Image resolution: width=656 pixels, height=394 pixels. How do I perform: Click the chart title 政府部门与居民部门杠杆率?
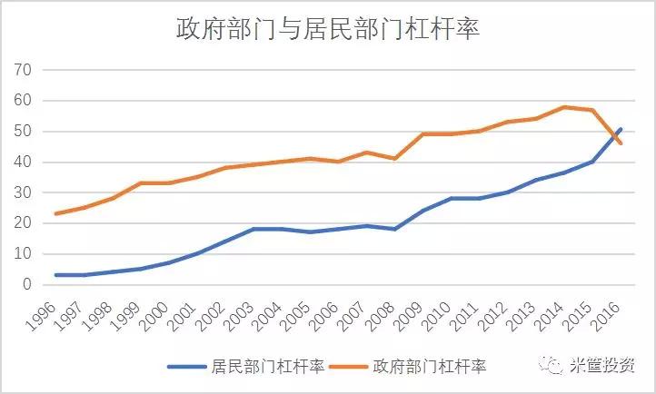click(327, 29)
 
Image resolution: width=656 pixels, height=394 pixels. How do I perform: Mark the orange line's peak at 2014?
click(563, 107)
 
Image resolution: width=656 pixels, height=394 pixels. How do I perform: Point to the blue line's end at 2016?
click(621, 129)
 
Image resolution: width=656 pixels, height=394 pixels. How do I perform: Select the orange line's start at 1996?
click(56, 213)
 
